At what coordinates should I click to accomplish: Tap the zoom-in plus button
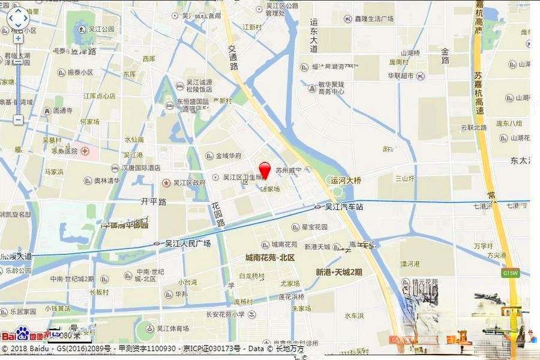pyautogui.click(x=18, y=38)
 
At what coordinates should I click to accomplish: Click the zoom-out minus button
pyautogui.click(x=18, y=119)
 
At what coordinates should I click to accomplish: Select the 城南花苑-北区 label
pyautogui.click(x=269, y=258)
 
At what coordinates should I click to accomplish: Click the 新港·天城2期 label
pyautogui.click(x=339, y=272)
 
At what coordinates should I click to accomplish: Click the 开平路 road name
pyautogui.click(x=153, y=202)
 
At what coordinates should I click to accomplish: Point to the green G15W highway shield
pyautogui.click(x=509, y=273)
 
